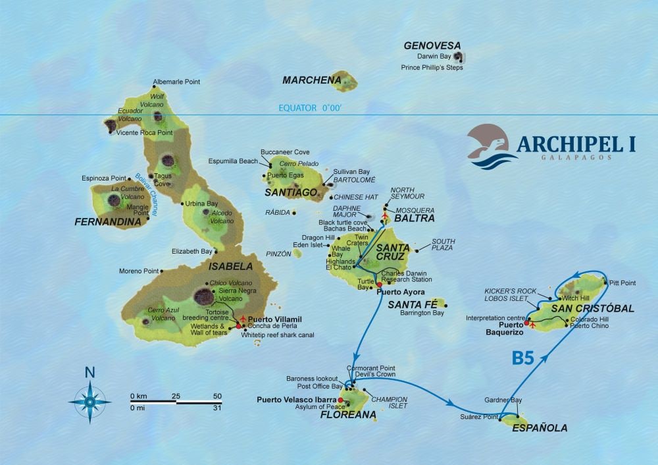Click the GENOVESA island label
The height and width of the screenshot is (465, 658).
tap(432, 45)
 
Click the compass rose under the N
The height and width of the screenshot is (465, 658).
tap(89, 398)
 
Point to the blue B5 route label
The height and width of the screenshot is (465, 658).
tap(523, 358)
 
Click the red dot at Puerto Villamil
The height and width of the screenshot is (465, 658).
tap(238, 325)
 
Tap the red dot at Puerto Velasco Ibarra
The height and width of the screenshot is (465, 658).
tap(340, 399)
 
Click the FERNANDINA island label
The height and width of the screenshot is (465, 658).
tap(108, 223)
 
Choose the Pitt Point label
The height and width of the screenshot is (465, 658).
tap(622, 283)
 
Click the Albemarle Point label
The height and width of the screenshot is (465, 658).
tap(176, 82)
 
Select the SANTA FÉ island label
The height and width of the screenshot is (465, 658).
tap(410, 304)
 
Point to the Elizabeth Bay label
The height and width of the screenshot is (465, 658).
tap(192, 251)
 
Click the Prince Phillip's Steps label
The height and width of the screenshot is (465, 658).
tap(432, 67)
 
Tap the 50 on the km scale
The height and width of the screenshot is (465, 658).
tap(217, 396)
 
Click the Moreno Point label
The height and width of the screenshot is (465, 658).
tap(139, 271)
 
